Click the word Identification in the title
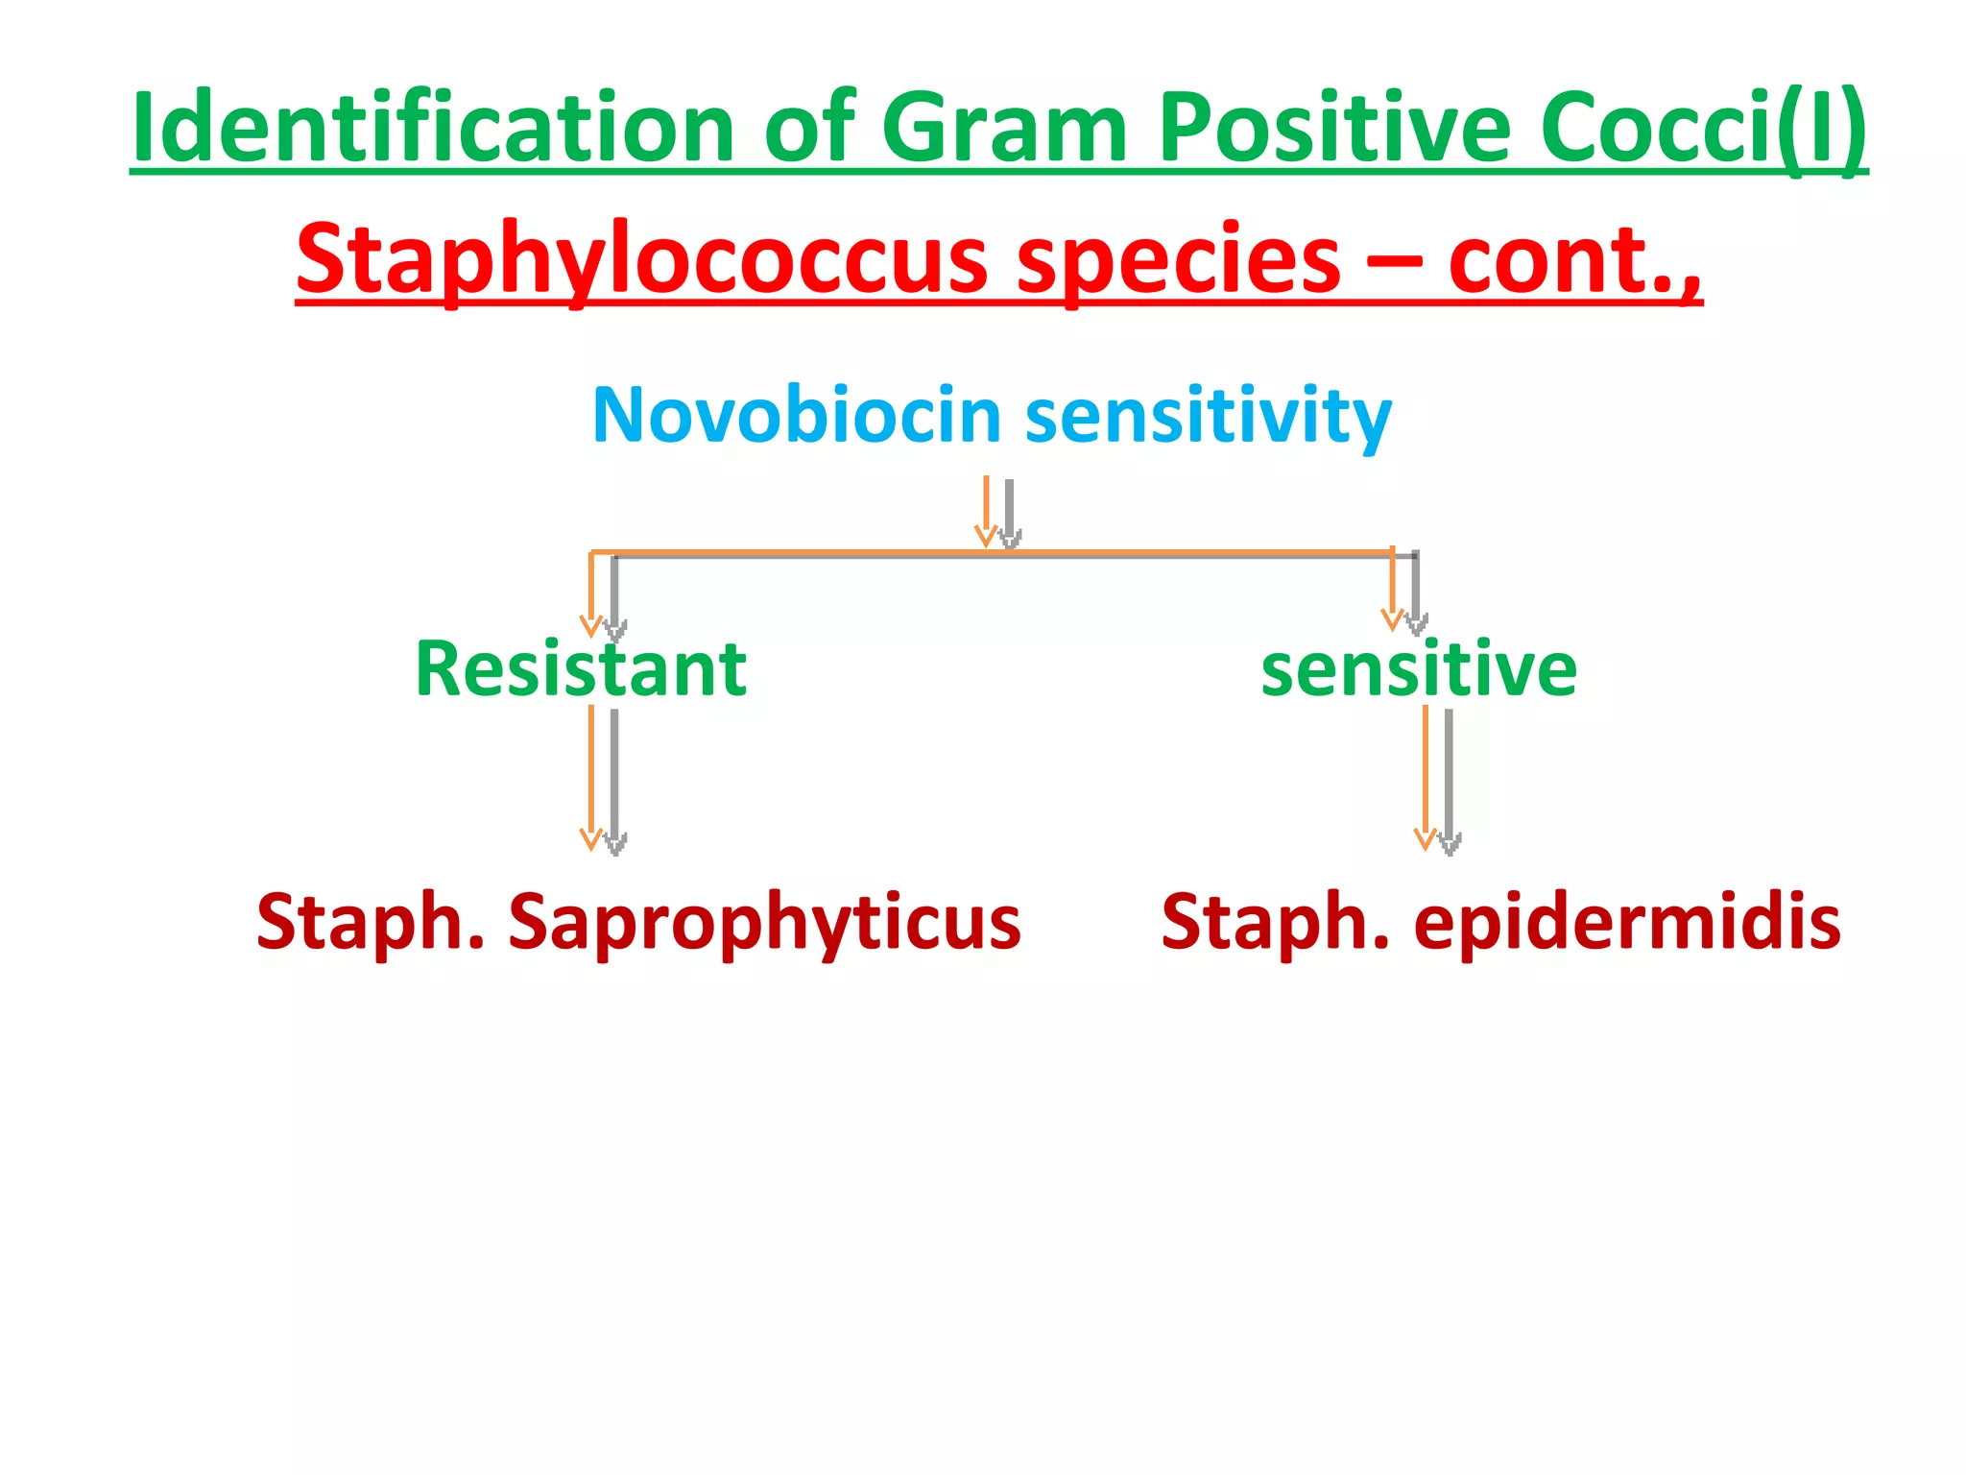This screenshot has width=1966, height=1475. [432, 127]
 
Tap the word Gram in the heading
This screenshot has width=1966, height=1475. [1004, 129]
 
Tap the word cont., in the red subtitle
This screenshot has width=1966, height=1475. [1574, 259]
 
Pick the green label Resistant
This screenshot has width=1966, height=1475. [581, 668]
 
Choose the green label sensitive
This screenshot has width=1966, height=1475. [1418, 668]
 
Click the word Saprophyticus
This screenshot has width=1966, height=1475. [764, 922]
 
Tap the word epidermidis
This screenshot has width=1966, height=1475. [1626, 922]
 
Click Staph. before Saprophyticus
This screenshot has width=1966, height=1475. [371, 922]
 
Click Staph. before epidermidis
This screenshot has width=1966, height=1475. [1275, 922]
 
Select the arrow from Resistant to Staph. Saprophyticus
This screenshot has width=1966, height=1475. [602, 778]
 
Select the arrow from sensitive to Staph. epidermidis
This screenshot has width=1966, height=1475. [1436, 778]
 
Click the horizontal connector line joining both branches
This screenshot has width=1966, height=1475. [797, 554]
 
